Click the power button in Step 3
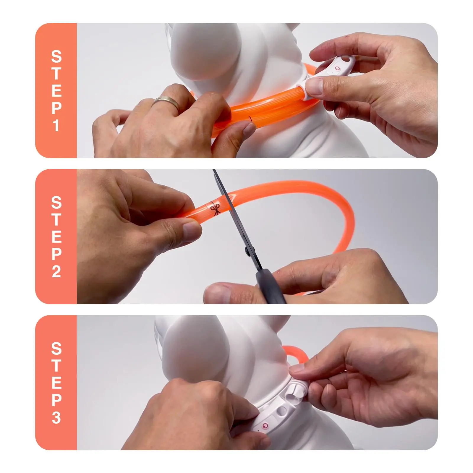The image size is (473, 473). coord(265,425)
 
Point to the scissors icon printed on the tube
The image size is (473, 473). coord(215,209)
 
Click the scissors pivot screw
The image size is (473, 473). coord(246,251)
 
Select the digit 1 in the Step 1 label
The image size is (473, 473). coord(56,125)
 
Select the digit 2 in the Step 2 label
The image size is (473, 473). coord(56,271)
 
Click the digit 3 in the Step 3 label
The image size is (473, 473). coord(56,417)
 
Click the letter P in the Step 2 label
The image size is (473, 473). coord(56,254)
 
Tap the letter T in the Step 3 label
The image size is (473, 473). coord(56,366)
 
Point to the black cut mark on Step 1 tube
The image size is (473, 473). coord(250,119)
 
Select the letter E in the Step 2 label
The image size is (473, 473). coord(56,237)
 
